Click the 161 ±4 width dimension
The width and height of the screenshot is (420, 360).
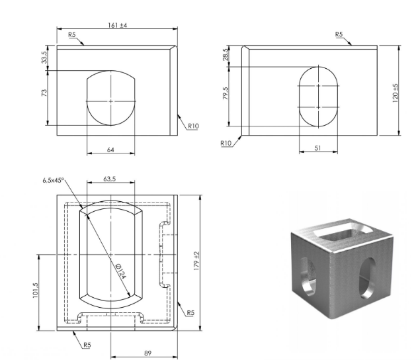pyautogui.click(x=117, y=25)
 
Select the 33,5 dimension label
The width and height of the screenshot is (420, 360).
pyautogui.click(x=44, y=57)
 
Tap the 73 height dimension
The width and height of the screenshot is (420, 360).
pyautogui.click(x=44, y=93)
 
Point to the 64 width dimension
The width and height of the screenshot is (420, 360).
pyautogui.click(x=110, y=150)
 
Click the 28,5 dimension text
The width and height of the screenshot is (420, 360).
pyautogui.click(x=226, y=54)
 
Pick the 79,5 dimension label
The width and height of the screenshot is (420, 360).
pyautogui.click(x=226, y=93)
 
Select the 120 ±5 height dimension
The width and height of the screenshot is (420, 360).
pyautogui.click(x=395, y=93)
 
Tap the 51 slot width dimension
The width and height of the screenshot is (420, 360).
pyautogui.click(x=317, y=148)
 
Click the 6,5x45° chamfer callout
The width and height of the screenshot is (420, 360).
pyautogui.click(x=54, y=180)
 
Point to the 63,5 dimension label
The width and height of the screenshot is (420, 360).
pyautogui.click(x=110, y=179)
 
